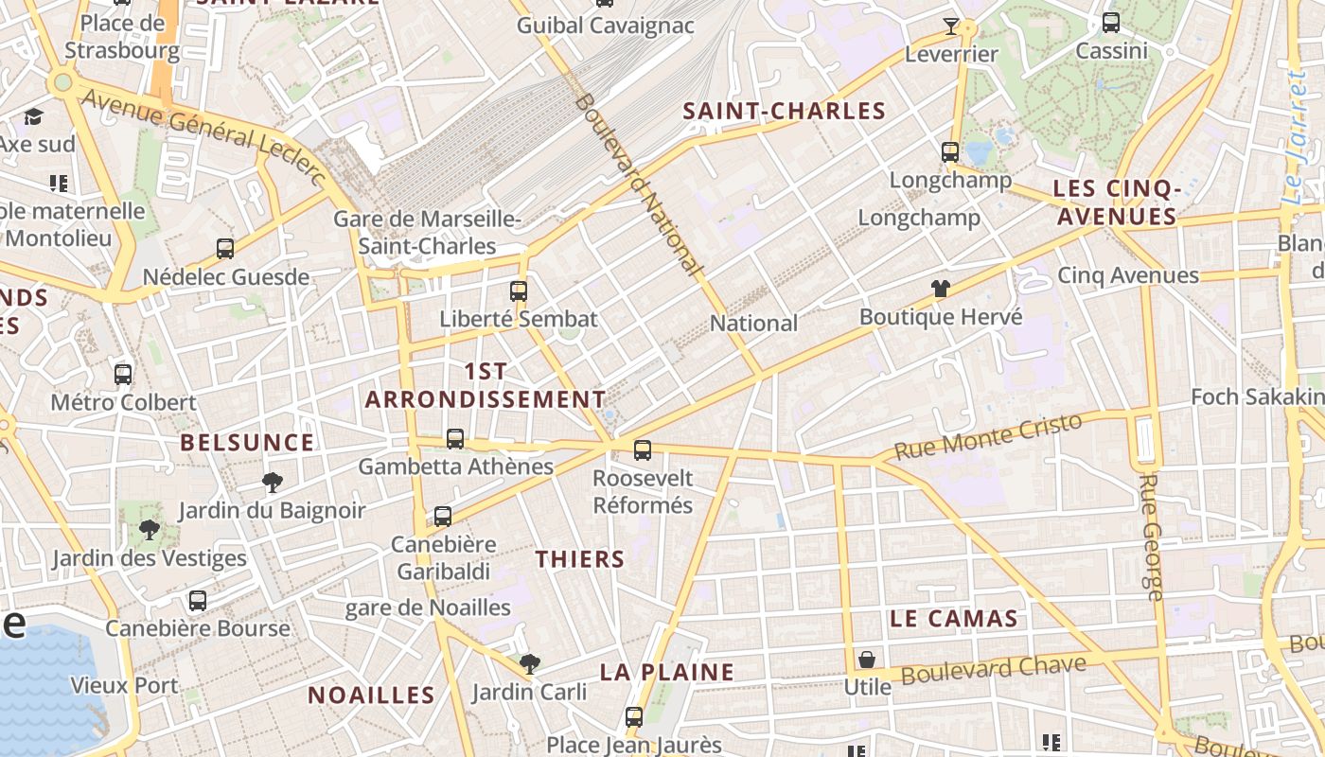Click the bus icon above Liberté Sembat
(519, 290)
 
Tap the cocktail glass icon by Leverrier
(951, 26)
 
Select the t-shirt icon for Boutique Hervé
(940, 289)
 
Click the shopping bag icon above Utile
(867, 660)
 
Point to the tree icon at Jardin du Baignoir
(273, 483)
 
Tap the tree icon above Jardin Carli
(530, 664)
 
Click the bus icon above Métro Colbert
(123, 374)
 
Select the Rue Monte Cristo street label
(988, 436)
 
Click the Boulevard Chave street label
(993, 669)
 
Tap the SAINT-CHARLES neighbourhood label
(785, 111)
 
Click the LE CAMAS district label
(953, 619)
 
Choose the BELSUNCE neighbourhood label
(247, 442)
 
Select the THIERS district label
(580, 559)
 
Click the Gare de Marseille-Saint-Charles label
(427, 233)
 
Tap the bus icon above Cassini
(1111, 23)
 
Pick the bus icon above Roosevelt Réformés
(643, 450)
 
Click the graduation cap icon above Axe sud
(34, 116)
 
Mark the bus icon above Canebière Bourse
(198, 601)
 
